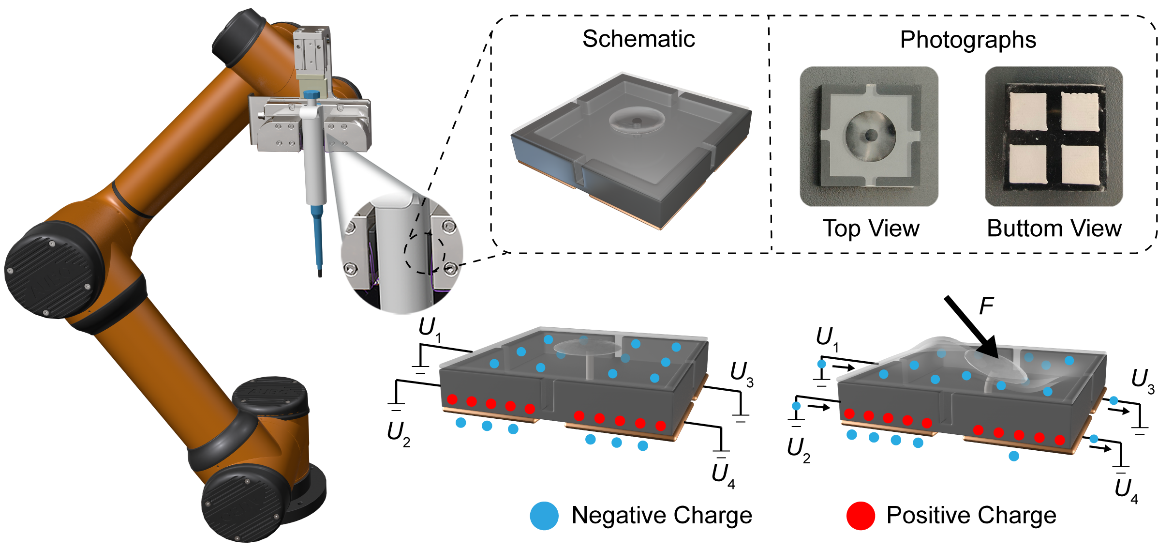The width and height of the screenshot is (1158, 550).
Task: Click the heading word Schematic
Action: coord(638,39)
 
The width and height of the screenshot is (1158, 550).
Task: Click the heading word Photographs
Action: coord(967,40)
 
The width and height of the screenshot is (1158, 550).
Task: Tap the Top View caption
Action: coord(871,228)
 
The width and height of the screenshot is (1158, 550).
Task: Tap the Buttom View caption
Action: coord(1054,228)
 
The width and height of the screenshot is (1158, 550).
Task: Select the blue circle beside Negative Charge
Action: coord(544,516)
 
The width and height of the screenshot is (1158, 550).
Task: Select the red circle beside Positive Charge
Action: coord(861,516)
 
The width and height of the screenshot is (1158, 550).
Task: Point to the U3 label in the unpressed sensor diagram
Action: coord(742,373)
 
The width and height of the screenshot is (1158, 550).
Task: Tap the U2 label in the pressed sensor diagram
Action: coord(798,449)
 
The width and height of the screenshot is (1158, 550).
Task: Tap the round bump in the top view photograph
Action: coord(870,136)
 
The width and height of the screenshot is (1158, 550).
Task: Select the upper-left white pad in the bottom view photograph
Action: coord(1028,111)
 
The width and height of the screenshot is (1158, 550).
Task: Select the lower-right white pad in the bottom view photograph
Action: coord(1080,165)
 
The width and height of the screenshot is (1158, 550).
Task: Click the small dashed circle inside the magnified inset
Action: coord(424,253)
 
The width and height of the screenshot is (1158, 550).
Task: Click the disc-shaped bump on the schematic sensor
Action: coord(637,119)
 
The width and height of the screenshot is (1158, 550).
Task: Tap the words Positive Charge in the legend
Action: coord(971,516)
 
